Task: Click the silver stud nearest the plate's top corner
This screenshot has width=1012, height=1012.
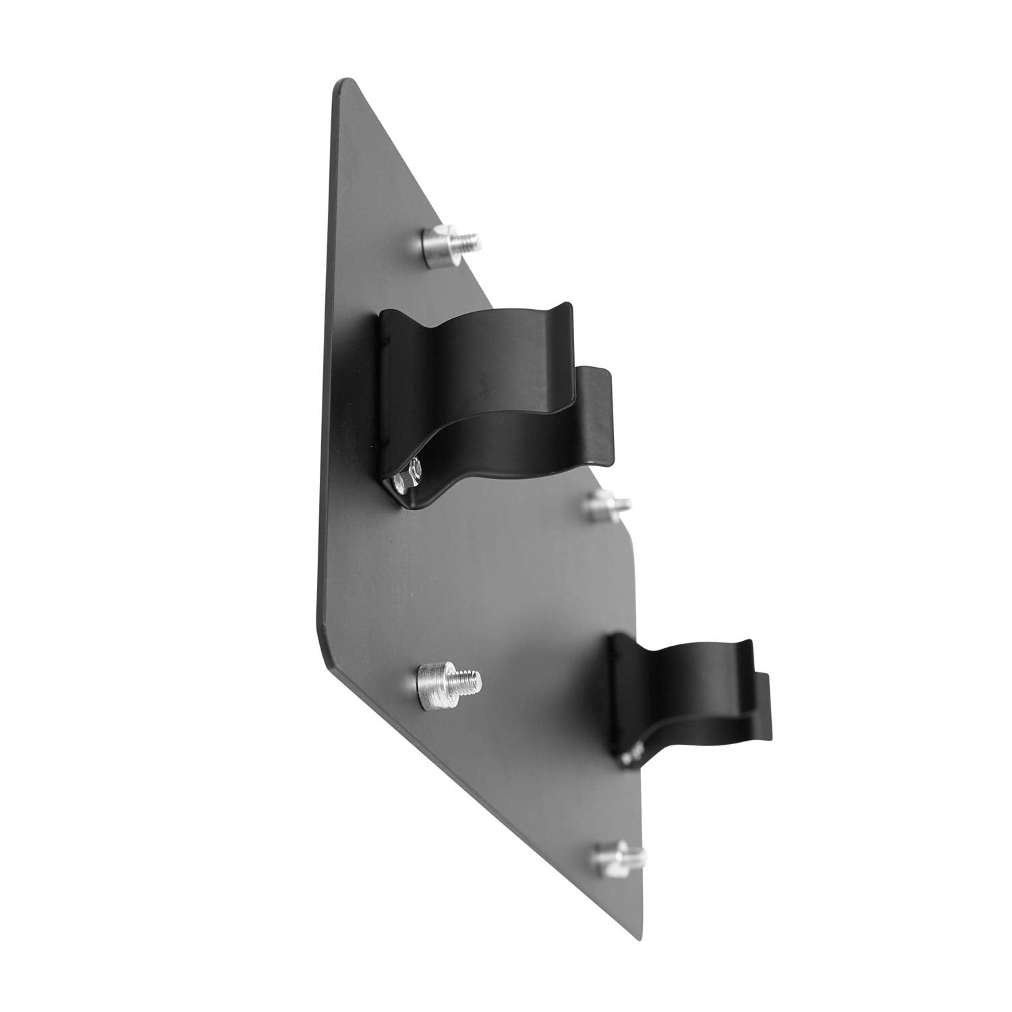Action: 442,246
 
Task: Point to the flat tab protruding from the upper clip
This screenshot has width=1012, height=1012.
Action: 596,412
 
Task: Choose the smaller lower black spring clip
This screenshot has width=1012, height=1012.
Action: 681,702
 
